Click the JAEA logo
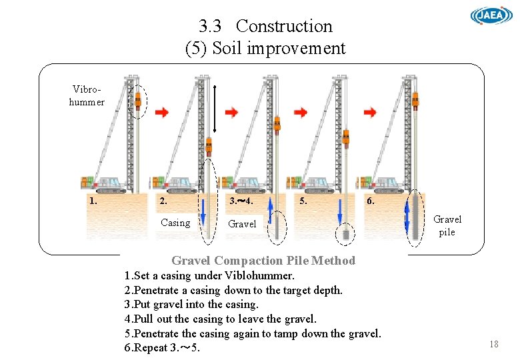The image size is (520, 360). point(491,16)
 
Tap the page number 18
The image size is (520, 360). point(493,344)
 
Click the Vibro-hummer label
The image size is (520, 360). point(87,95)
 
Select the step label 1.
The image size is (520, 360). point(93,200)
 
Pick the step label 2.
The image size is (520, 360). point(164,201)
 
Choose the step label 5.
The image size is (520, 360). point(304,200)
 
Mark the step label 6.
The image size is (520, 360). point(371,201)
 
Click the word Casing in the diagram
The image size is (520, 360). point(175,223)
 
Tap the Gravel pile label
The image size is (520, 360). point(447,225)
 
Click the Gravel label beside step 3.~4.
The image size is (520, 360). point(242,224)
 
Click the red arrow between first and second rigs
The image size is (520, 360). point(162,113)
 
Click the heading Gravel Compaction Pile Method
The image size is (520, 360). point(263,261)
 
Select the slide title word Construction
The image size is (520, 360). point(284,26)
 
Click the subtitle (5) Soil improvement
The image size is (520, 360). point(265,48)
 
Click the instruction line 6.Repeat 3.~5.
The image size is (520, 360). point(162,348)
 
